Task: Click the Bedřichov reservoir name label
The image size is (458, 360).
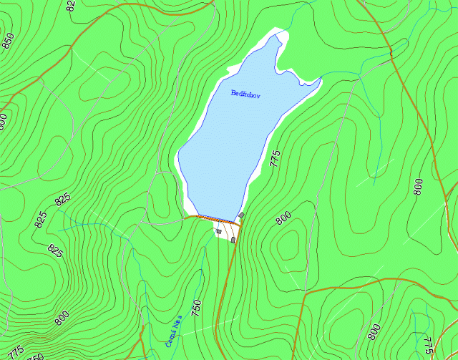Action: click(x=244, y=94)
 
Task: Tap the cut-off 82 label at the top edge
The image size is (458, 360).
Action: click(x=70, y=6)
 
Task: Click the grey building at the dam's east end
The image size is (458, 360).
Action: click(x=242, y=215)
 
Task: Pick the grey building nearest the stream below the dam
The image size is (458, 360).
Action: click(x=218, y=231)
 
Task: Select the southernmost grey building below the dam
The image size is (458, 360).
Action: click(x=233, y=240)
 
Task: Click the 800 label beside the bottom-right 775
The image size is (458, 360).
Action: click(x=374, y=332)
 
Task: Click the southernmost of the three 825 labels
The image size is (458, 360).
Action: click(x=55, y=250)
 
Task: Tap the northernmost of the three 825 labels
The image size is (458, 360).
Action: click(x=62, y=200)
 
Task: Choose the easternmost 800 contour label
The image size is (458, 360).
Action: click(x=418, y=188)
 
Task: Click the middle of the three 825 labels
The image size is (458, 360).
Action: click(x=40, y=219)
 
